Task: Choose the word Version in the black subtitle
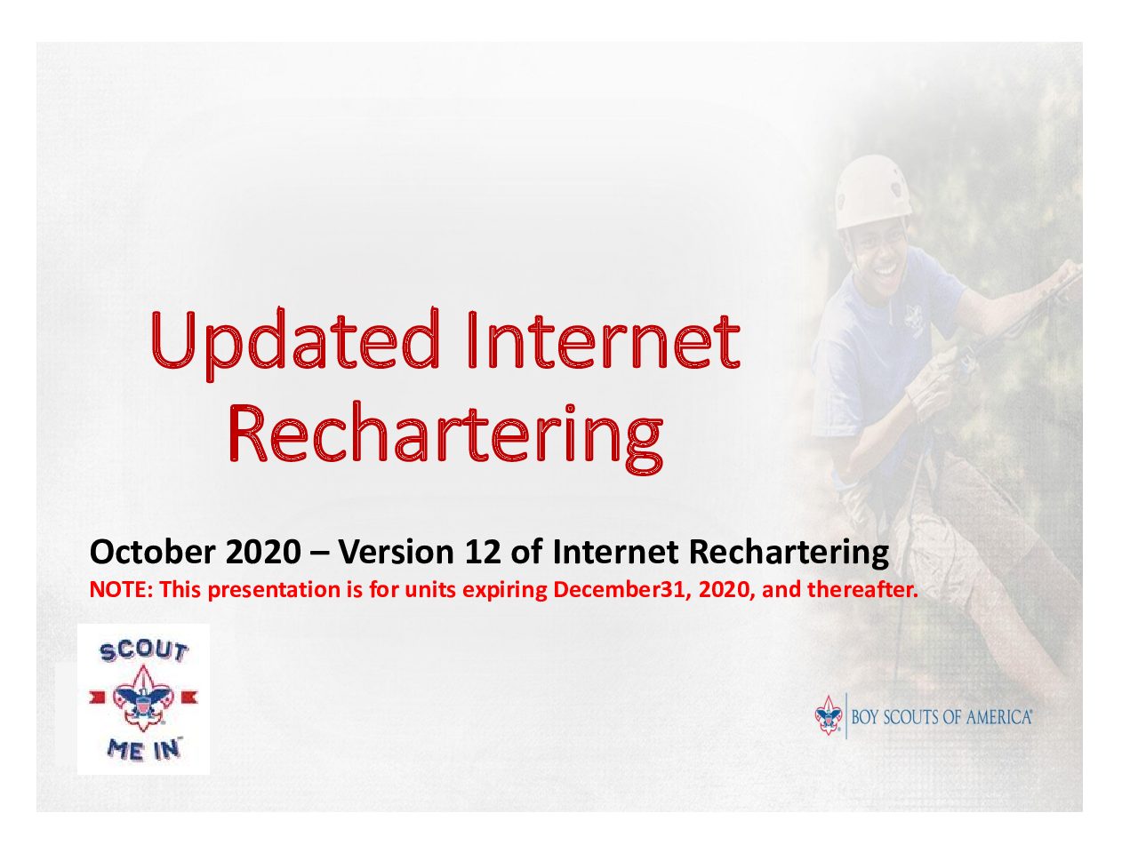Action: pos(397,552)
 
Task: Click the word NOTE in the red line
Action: pos(121,590)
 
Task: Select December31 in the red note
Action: pos(622,590)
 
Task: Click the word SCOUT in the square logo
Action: pos(144,652)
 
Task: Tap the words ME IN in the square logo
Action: pos(143,749)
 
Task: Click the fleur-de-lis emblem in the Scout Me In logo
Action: pos(143,698)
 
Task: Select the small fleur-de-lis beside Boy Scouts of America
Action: pos(828,715)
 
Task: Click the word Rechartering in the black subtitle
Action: pos(788,553)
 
